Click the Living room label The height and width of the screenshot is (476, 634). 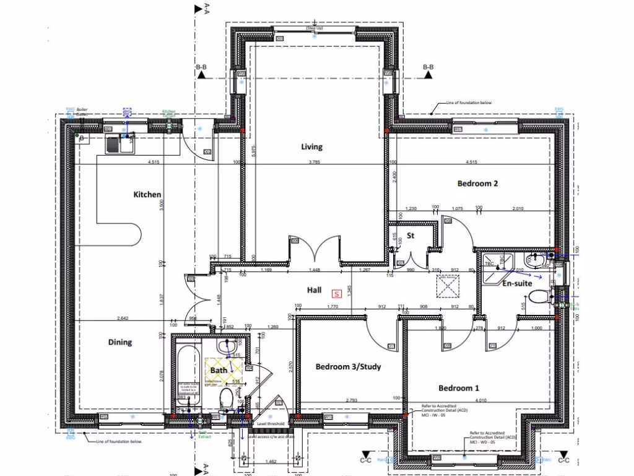pos(311,147)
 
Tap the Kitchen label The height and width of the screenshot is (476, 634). pos(147,195)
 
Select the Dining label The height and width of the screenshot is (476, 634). pos(120,342)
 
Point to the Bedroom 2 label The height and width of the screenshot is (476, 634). pos(477,183)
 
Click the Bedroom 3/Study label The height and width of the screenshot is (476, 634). pos(348,367)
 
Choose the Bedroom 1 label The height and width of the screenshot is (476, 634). pos(459,389)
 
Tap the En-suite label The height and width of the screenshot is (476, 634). pos(516,284)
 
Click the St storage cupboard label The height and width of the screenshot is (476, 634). pos(410,236)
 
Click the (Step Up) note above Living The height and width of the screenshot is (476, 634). pos(315,29)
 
